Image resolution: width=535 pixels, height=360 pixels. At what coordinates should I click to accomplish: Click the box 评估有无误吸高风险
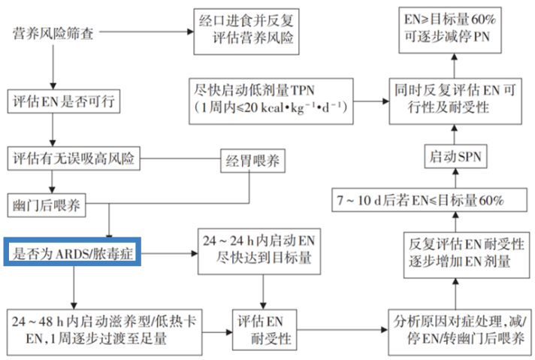75,159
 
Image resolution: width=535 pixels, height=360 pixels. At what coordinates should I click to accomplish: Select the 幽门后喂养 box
48,204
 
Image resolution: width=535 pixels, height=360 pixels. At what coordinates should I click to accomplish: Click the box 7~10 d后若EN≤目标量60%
429,201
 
